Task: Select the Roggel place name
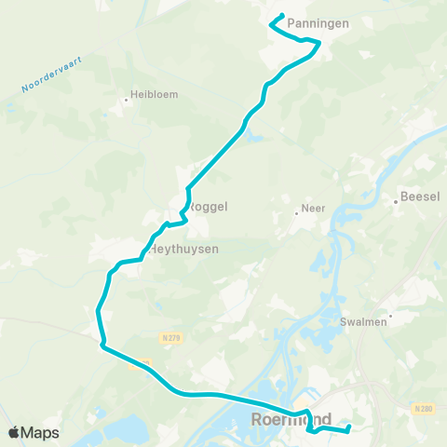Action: (x=209, y=207)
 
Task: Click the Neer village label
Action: (x=313, y=210)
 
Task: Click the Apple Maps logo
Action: (x=33, y=432)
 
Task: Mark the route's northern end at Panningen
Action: (x=282, y=15)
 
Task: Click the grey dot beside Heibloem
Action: (x=126, y=99)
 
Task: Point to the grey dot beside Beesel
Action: (x=396, y=197)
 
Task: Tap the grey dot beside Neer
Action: (x=297, y=211)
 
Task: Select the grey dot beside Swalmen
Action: (x=390, y=316)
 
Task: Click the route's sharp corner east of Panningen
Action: (x=320, y=42)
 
